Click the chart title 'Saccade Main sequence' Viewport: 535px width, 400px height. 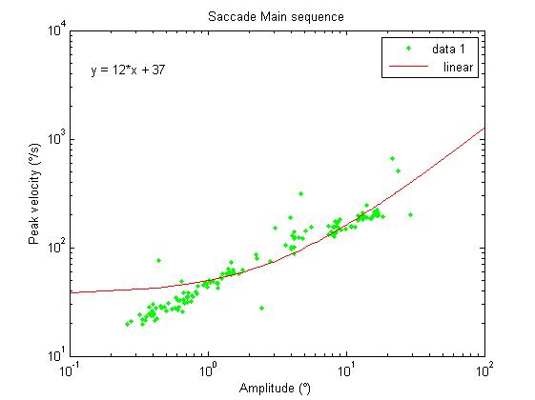(x=276, y=16)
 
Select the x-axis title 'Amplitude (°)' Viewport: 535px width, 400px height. (x=276, y=388)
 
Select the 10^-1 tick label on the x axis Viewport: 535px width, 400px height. (x=69, y=370)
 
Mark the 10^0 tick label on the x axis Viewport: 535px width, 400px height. (x=208, y=370)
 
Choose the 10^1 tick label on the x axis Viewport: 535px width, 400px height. (x=346, y=370)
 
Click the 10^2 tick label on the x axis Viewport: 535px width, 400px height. (x=484, y=370)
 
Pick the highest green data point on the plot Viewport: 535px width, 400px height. (x=392, y=158)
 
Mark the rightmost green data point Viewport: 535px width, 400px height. (x=410, y=214)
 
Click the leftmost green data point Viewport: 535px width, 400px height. (x=128, y=324)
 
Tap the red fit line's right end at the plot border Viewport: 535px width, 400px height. (x=484, y=128)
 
